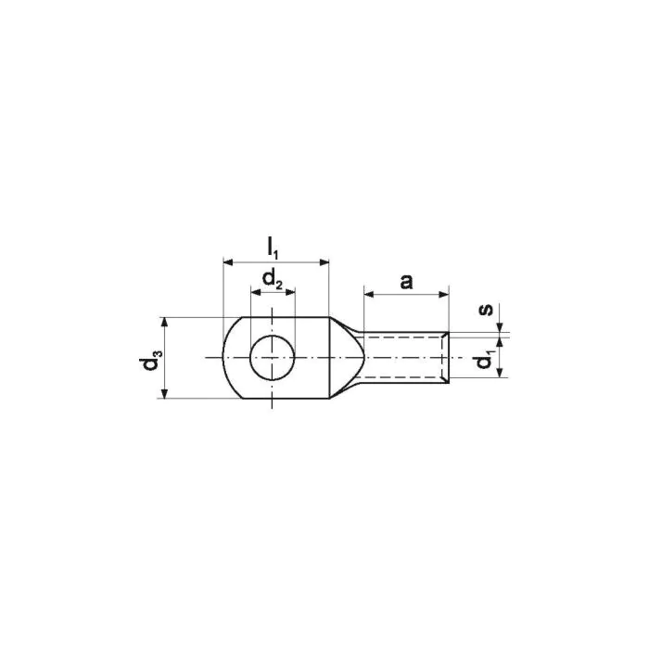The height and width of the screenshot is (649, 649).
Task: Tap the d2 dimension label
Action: pyautogui.click(x=273, y=279)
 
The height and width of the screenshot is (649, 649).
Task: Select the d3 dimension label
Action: pyautogui.click(x=150, y=359)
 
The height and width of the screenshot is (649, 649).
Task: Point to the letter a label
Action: pyautogui.click(x=406, y=282)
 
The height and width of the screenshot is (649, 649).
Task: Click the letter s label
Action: pyautogui.click(x=486, y=309)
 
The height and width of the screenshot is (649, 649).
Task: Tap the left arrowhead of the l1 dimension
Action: pyautogui.click(x=228, y=262)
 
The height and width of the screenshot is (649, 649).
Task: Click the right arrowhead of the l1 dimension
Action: pyautogui.click(x=324, y=262)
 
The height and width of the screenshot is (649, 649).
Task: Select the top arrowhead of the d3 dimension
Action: pyautogui.click(x=165, y=323)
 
